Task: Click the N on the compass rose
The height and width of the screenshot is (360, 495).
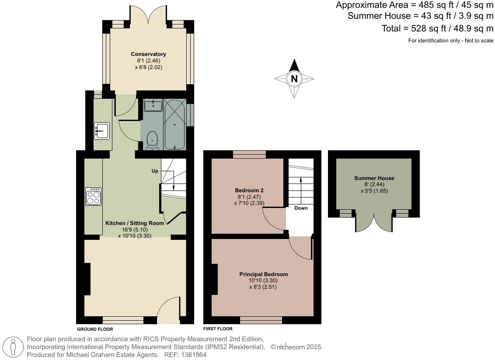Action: pyautogui.click(x=294, y=79)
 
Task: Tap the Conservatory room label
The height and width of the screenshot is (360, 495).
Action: pyautogui.click(x=149, y=54)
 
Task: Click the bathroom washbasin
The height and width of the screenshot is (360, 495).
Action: pyautogui.click(x=153, y=105)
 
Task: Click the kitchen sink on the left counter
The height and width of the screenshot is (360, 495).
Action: pyautogui.click(x=101, y=130)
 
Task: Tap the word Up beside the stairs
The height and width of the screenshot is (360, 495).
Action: pyautogui.click(x=155, y=171)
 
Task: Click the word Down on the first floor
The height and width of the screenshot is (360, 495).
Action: pyautogui.click(x=301, y=208)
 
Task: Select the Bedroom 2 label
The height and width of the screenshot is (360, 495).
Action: pyautogui.click(x=249, y=190)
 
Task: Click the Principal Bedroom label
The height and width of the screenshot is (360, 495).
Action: pyautogui.click(x=263, y=274)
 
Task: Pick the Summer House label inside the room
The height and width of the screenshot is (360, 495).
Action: pyautogui.click(x=374, y=178)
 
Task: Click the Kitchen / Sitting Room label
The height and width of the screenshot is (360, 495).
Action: pyautogui.click(x=135, y=223)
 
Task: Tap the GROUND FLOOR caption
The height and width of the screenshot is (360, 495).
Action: pyautogui.click(x=95, y=329)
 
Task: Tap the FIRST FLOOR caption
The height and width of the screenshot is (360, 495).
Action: pyautogui.click(x=218, y=329)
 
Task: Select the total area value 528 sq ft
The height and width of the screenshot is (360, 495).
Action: pyautogui.click(x=426, y=29)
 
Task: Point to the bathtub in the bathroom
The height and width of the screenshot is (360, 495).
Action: pyautogui.click(x=174, y=125)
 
